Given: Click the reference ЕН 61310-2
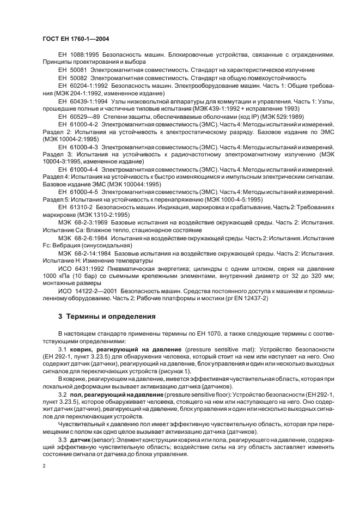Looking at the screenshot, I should click(74, 208).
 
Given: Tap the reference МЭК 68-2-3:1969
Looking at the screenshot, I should click(82, 223).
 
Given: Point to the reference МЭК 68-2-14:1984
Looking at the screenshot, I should click(84, 254).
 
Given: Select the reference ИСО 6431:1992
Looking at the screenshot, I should click(80, 269).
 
